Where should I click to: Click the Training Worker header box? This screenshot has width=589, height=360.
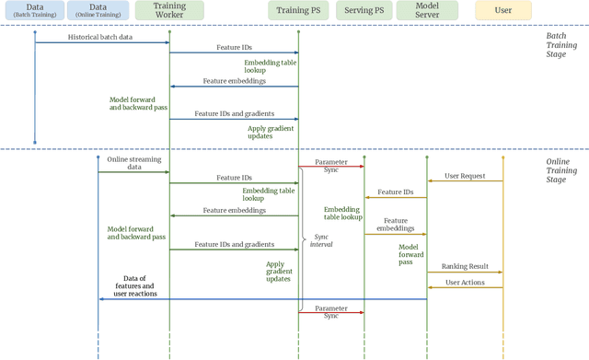pos(169,12)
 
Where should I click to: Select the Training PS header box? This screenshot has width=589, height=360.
pos(298,12)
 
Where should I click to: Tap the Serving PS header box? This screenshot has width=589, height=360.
pos(364,12)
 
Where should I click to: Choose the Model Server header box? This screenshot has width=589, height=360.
pos(427,12)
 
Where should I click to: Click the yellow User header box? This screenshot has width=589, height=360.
pos(502,12)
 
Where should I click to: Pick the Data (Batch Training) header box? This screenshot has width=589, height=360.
pos(35,12)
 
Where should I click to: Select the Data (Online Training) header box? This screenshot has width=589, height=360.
pos(98,12)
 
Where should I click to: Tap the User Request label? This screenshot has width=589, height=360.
pos(465,175)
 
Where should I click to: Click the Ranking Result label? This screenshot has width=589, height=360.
pos(464,267)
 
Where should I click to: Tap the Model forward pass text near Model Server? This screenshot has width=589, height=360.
pos(411,254)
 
